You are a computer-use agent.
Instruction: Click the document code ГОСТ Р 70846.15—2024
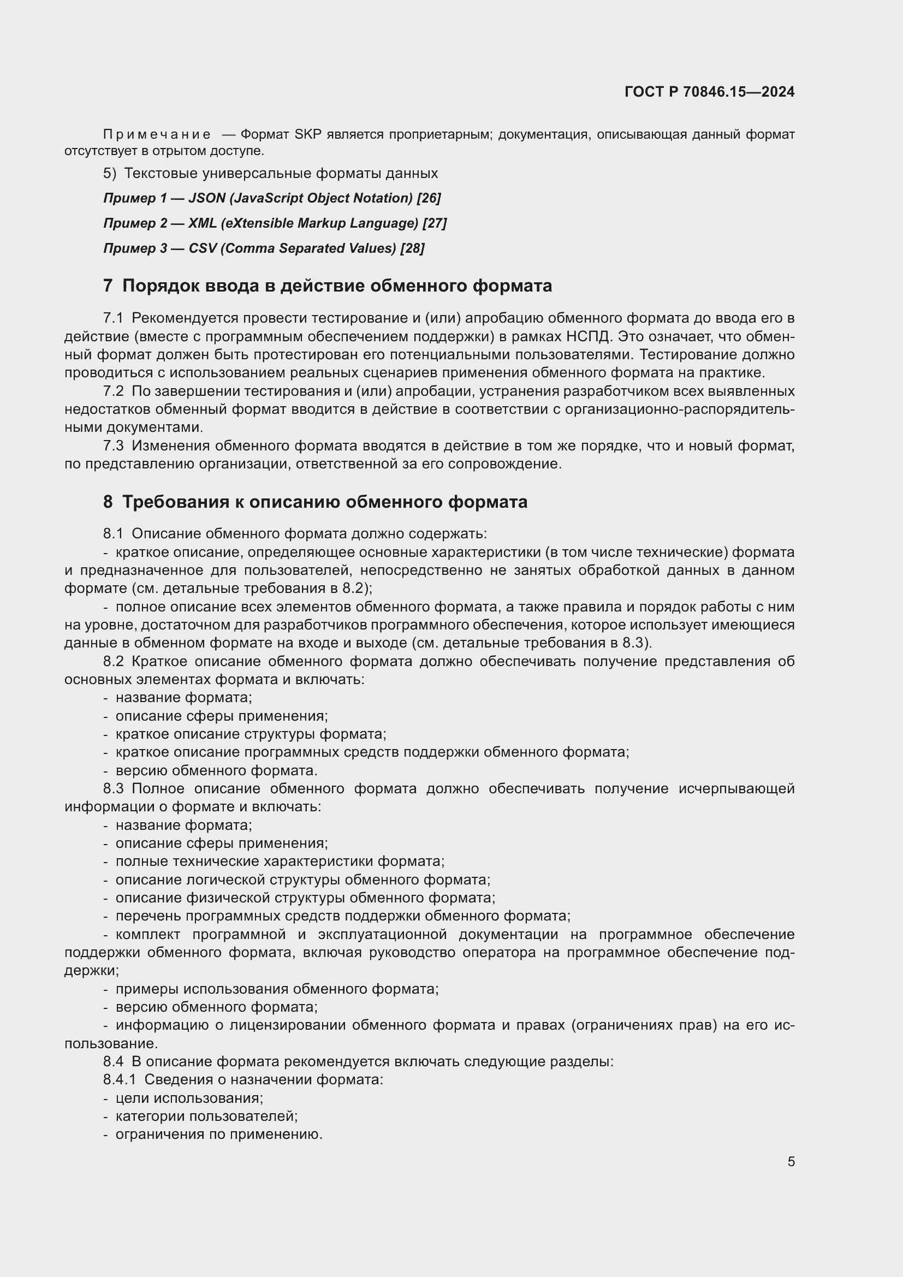(709, 92)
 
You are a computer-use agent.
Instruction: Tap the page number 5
(791, 1161)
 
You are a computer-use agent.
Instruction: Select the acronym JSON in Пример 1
(204, 198)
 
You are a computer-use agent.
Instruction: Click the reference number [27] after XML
(434, 223)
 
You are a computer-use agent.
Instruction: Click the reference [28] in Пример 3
(412, 248)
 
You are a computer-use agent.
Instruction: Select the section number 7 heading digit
(108, 286)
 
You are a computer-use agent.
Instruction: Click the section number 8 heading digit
(108, 502)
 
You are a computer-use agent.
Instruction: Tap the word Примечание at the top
(157, 135)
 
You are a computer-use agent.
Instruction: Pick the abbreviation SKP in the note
(308, 135)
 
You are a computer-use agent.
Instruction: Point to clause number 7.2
(113, 391)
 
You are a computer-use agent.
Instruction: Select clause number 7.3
(113, 446)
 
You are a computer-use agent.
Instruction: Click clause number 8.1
(113, 533)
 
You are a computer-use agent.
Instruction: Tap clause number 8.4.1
(119, 1079)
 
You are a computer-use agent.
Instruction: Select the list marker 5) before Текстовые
(110, 174)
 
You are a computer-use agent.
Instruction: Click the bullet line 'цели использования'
(189, 1098)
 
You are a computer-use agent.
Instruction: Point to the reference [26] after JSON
(429, 198)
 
